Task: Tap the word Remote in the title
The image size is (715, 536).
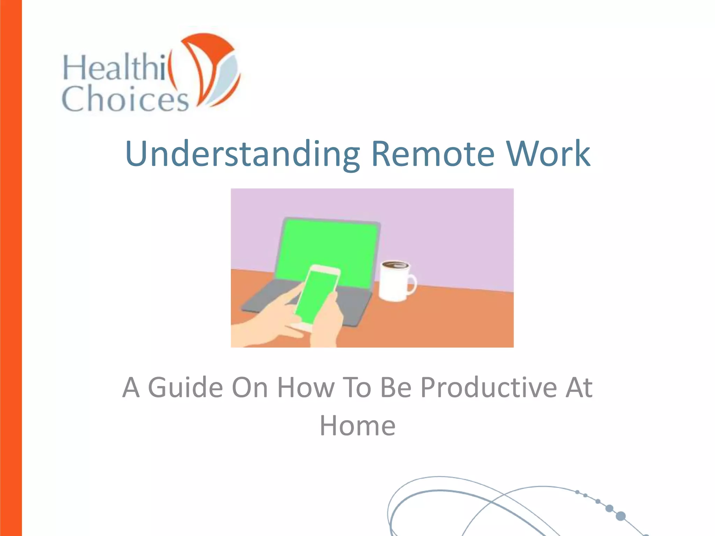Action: [x=433, y=154]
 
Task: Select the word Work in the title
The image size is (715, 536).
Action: [x=548, y=154]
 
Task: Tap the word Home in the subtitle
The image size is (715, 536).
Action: [x=357, y=426]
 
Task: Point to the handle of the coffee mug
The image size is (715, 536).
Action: [x=412, y=283]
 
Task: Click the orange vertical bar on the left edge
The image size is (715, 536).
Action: [x=11, y=268]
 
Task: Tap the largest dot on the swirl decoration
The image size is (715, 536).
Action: [x=620, y=516]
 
